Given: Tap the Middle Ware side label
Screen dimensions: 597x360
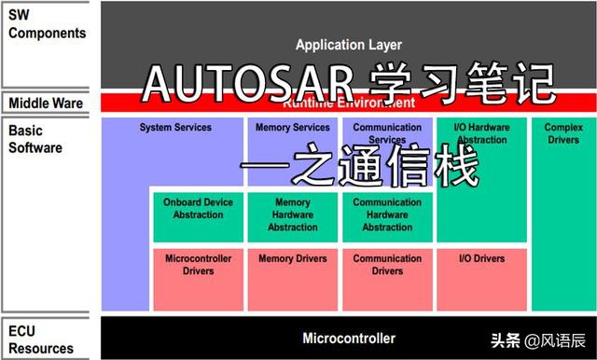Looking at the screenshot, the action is click(46, 103).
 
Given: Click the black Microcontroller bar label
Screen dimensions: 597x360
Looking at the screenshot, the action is click(348, 339).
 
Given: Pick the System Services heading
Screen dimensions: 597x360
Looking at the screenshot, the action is click(175, 128).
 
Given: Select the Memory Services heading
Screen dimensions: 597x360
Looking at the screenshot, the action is click(292, 128).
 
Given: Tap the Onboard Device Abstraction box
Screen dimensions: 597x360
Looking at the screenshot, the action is click(198, 208).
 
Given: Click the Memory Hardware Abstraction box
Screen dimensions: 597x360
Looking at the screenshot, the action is click(292, 215).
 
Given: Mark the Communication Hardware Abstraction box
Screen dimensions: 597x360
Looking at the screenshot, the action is click(387, 215).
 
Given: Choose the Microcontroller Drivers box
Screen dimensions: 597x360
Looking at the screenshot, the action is click(198, 264).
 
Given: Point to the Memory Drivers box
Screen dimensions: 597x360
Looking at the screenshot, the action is click(292, 257).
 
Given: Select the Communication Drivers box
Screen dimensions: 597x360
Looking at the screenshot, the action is click(387, 264).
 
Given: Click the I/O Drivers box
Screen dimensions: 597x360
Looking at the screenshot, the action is click(482, 257).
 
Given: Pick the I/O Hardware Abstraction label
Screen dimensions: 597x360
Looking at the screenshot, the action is click(481, 133).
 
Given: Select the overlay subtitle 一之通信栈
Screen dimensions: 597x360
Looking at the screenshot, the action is click(359, 170).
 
